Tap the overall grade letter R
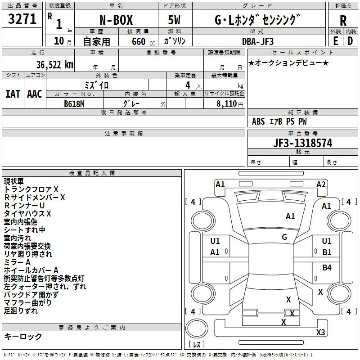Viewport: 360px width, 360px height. pyautogui.click(x=342, y=20)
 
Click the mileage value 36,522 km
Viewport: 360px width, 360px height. pyautogui.click(x=50, y=65)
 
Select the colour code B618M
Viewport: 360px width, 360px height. pyautogui.click(x=74, y=103)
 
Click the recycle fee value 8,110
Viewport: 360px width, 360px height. pyautogui.click(x=227, y=103)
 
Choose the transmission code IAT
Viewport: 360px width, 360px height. pyautogui.click(x=13, y=94)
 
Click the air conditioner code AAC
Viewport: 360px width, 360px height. pyautogui.click(x=35, y=94)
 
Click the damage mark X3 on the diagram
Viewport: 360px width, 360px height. pyautogui.click(x=320, y=333)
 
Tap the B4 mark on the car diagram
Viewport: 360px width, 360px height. pyautogui.click(x=327, y=268)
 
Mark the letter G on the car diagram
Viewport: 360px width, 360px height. pyautogui.click(x=284, y=237)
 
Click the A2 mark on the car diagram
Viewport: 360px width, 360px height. pyautogui.click(x=321, y=184)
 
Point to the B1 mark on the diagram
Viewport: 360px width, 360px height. pyautogui.click(x=327, y=252)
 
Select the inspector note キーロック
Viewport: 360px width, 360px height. pyautogui.click(x=23, y=336)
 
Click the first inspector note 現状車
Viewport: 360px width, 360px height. pyautogui.click(x=14, y=181)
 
